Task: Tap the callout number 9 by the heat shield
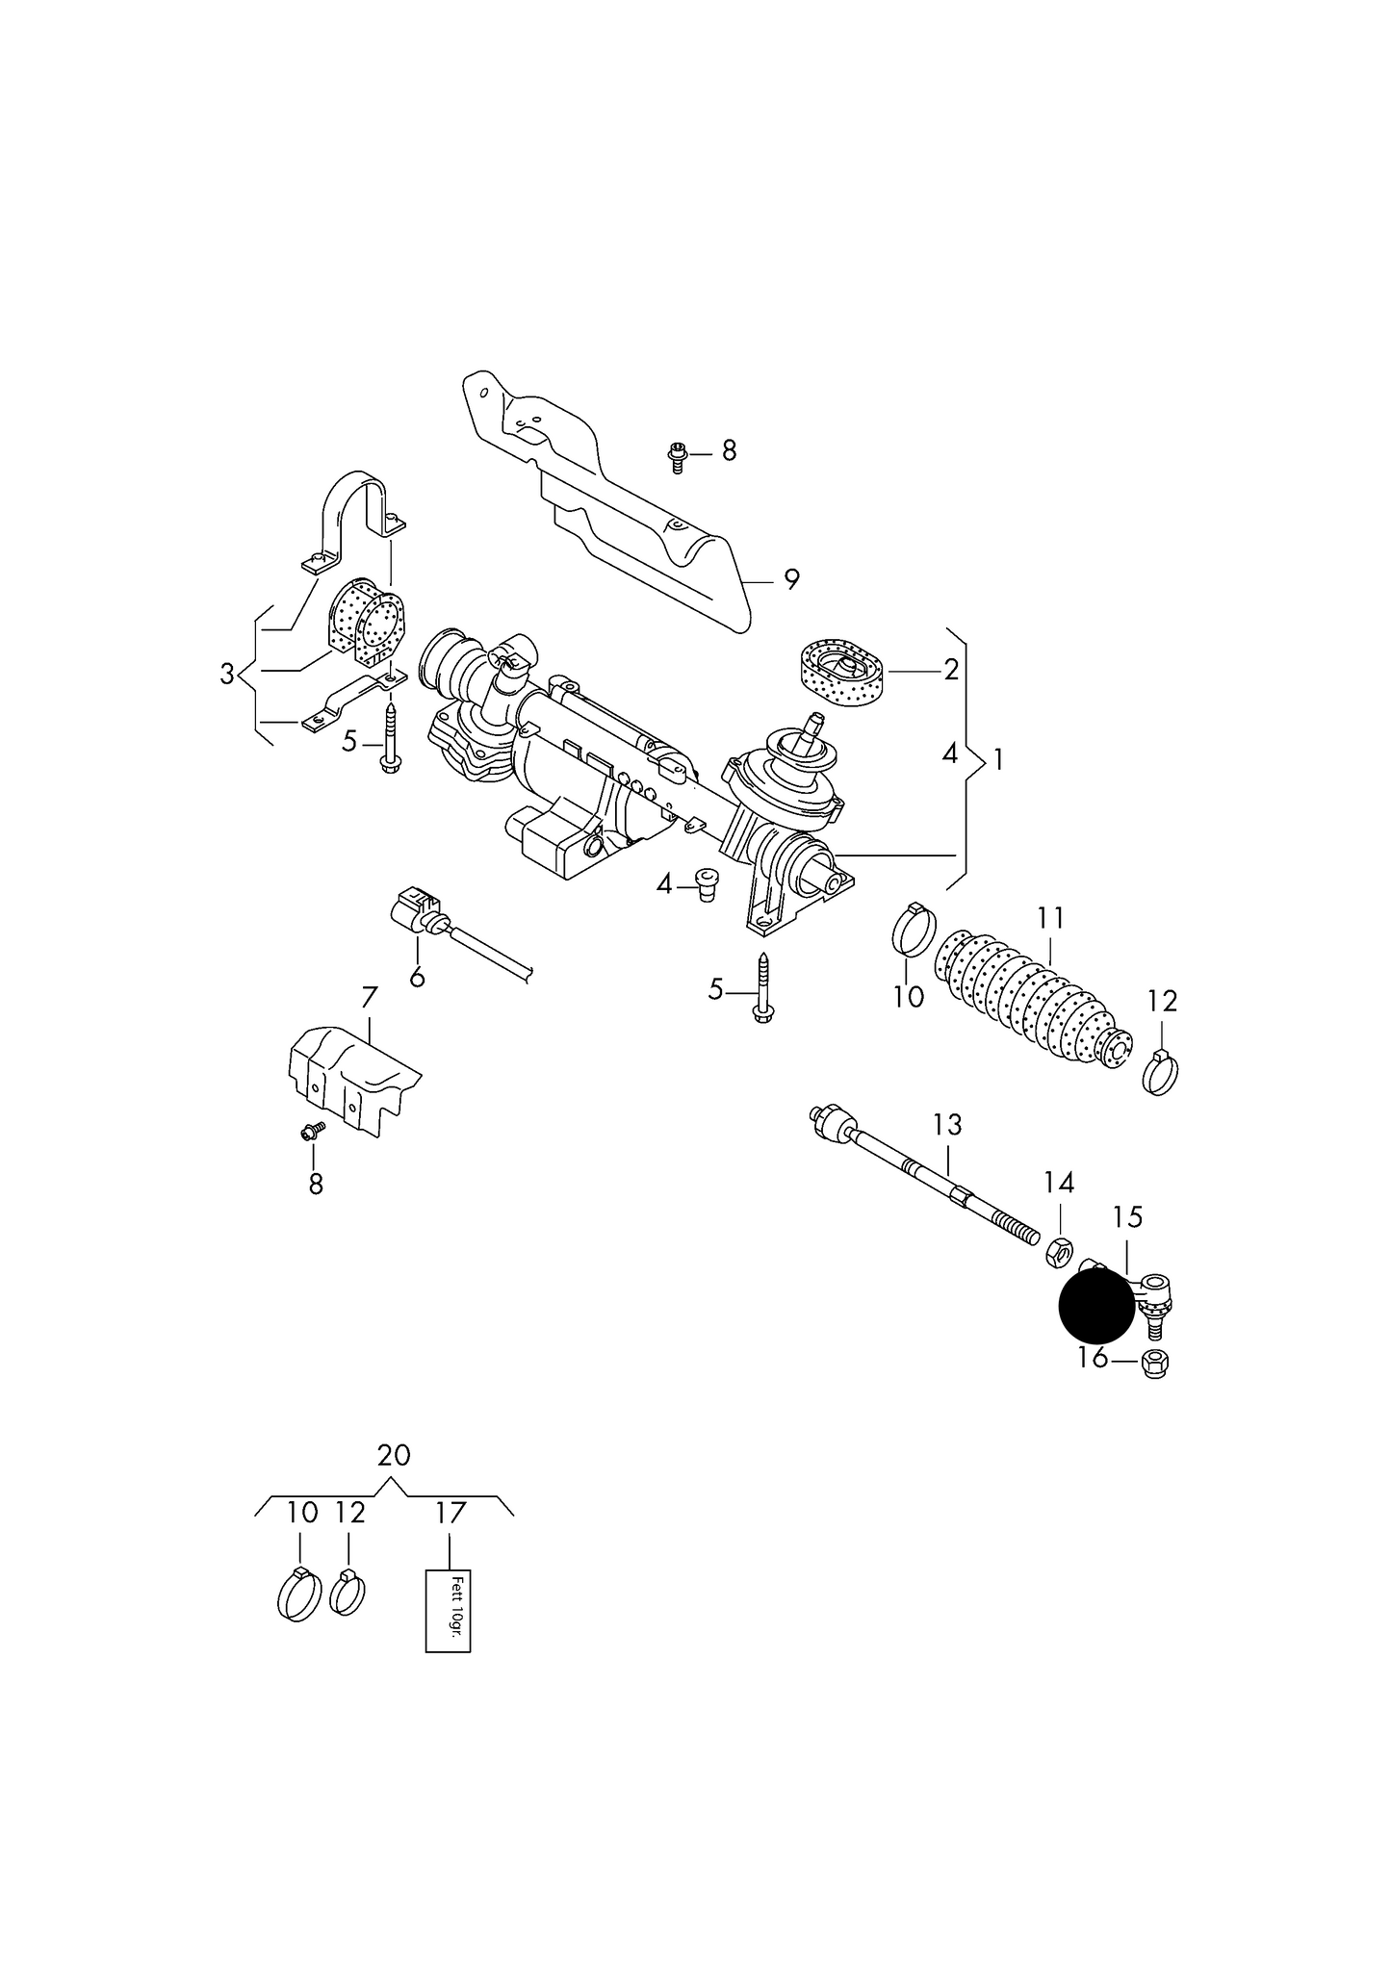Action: pos(791,579)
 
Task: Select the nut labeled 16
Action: pos(1153,1364)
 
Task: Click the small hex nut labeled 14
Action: pos(1057,1251)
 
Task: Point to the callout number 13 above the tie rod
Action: pos(947,1123)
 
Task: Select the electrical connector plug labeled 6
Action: pos(416,909)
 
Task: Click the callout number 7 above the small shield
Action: pos(370,998)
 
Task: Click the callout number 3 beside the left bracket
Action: pos(227,675)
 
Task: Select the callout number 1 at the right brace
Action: pos(998,760)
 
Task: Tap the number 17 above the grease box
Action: pos(450,1514)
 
